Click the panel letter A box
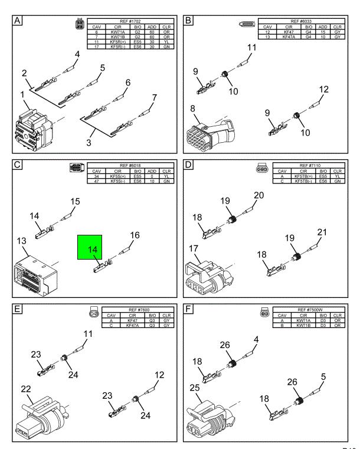(18, 22)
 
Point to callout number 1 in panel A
(23, 94)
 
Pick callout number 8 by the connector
(194, 109)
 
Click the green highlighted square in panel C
(89, 250)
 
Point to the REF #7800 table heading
(129, 309)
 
